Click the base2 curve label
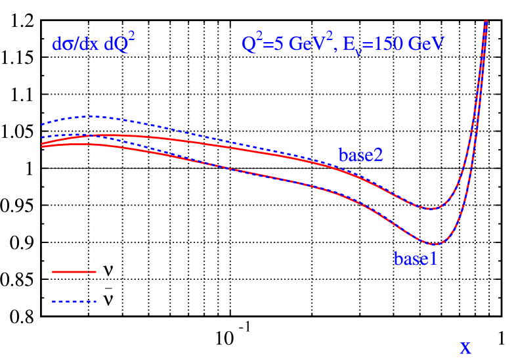(x=360, y=156)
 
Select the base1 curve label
(x=416, y=259)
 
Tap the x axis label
(x=465, y=348)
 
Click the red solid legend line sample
(x=74, y=271)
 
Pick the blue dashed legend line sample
(x=74, y=302)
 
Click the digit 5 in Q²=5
(x=270, y=45)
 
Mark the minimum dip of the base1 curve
(x=434, y=244)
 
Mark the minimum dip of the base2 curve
(x=429, y=209)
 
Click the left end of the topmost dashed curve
(x=42, y=124)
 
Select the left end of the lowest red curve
(x=42, y=146)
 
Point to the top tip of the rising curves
(x=486, y=22)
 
